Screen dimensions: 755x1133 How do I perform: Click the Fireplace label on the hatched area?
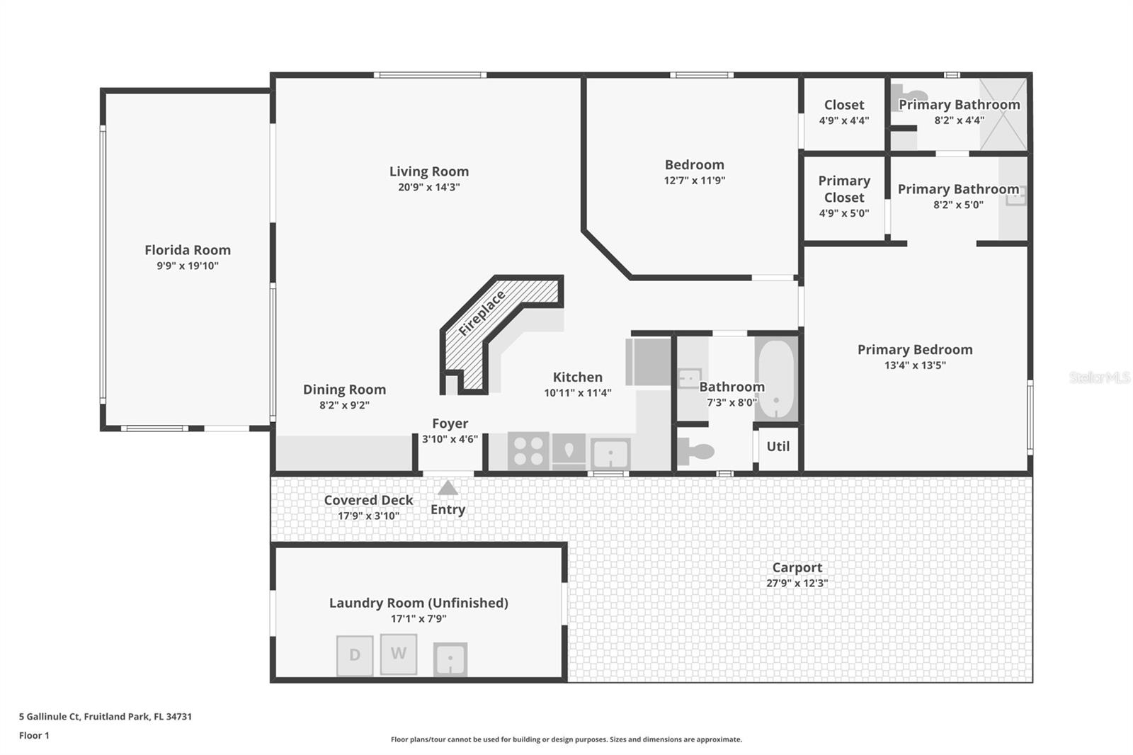(x=482, y=313)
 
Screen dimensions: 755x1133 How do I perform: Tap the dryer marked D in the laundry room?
(x=355, y=655)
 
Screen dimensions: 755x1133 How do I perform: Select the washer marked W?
(x=399, y=653)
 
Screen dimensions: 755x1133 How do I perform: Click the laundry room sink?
(x=450, y=659)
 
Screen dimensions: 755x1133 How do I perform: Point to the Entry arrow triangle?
(x=448, y=488)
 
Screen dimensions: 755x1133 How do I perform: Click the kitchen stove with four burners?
(x=528, y=450)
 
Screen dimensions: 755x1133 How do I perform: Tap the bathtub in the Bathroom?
(x=776, y=379)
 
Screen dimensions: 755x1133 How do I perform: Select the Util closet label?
(x=778, y=446)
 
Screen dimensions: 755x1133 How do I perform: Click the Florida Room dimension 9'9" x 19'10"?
(x=188, y=266)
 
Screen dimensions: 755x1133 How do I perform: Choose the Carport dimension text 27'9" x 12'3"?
(x=797, y=583)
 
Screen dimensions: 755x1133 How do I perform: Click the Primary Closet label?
(x=843, y=189)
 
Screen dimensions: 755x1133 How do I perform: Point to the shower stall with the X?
(x=1003, y=114)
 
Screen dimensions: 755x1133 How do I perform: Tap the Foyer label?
(x=450, y=423)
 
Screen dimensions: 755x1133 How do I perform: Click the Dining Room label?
(x=344, y=389)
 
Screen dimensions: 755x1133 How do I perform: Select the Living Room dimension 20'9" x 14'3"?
(x=428, y=187)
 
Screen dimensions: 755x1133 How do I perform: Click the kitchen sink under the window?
(x=610, y=453)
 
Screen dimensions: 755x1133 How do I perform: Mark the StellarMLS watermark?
(x=1099, y=377)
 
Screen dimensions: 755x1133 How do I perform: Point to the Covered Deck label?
(x=368, y=499)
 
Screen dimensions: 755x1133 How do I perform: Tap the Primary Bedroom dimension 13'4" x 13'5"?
(x=915, y=365)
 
